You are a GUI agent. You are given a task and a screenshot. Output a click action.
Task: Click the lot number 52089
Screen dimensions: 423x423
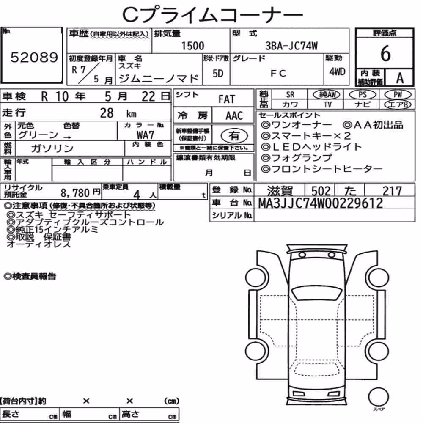[34, 57]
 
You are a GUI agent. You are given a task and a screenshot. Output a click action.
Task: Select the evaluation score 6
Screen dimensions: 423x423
[385, 53]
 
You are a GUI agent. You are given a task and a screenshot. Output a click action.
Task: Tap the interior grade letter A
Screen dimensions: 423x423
[400, 78]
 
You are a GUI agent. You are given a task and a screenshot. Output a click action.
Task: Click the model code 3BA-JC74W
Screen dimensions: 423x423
[291, 46]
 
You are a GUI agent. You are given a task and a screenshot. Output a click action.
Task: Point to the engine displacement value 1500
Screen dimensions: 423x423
[192, 46]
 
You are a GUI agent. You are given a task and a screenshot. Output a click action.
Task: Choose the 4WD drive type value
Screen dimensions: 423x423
[337, 72]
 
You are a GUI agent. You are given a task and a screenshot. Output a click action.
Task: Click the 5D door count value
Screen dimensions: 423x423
[218, 73]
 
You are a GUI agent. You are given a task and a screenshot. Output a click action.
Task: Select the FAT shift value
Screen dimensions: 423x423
[227, 99]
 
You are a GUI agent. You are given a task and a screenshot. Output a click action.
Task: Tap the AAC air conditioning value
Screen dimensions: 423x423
[234, 116]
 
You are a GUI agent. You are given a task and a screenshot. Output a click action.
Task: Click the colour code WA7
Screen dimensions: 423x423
[145, 135]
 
